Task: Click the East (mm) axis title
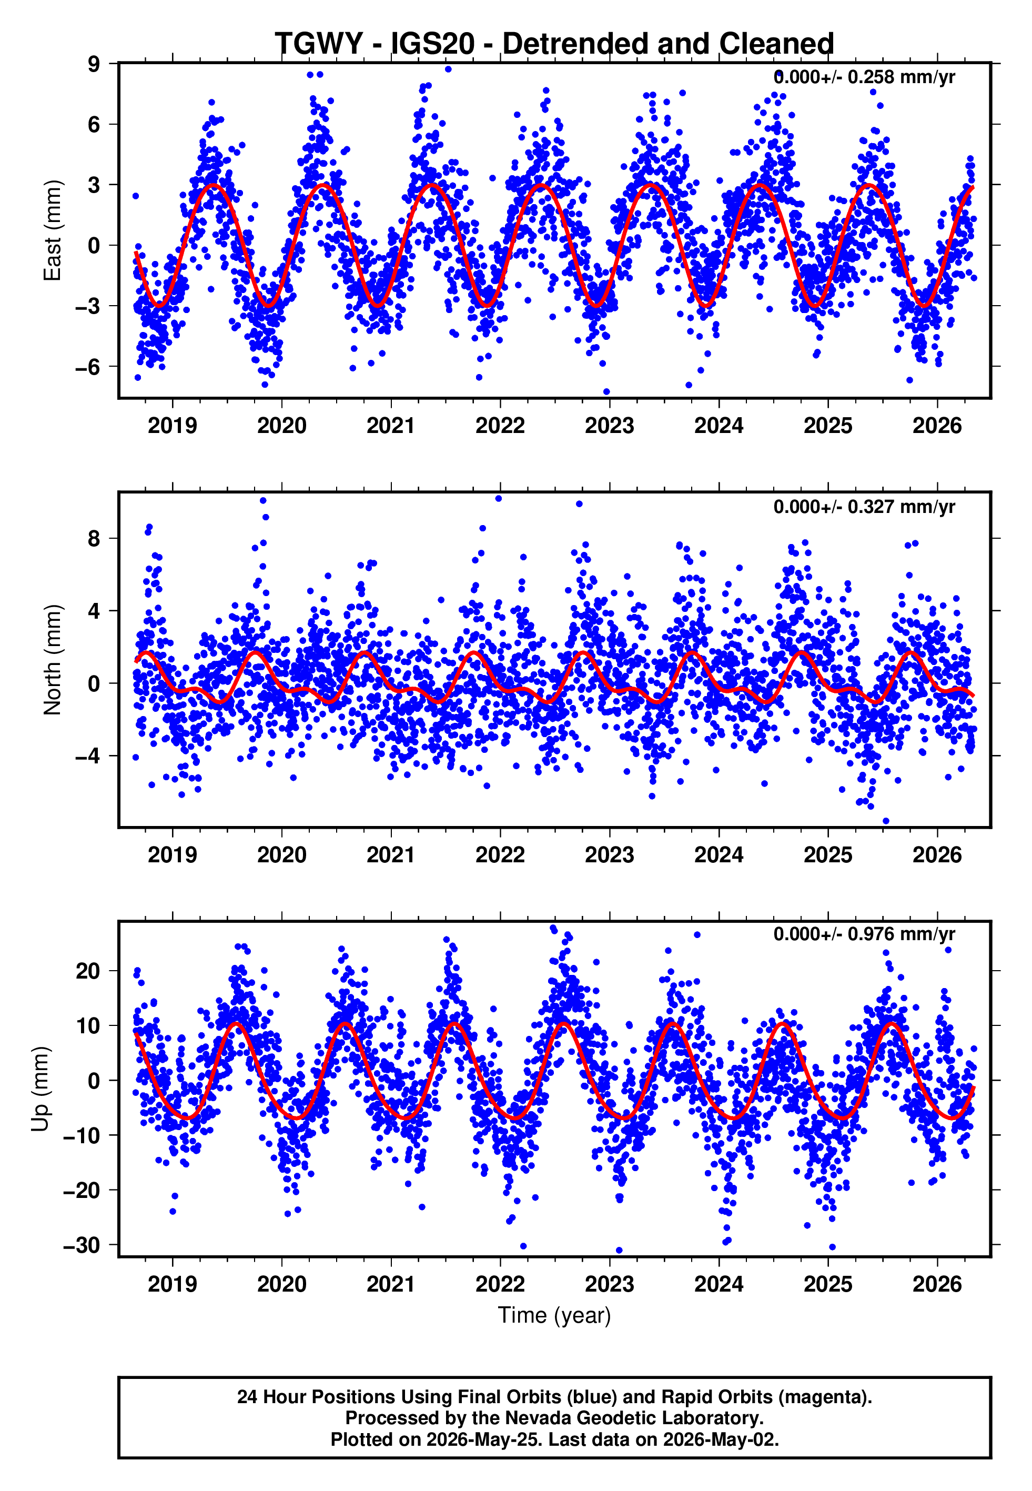[x=53, y=231]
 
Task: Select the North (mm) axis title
[x=53, y=660]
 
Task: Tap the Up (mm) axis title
[x=40, y=1089]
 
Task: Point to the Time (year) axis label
[x=554, y=1316]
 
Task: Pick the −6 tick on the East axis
[x=88, y=367]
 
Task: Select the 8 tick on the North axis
[x=94, y=538]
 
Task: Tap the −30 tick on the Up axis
[x=82, y=1245]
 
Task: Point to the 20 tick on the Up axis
[x=88, y=971]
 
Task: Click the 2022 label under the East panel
[x=500, y=426]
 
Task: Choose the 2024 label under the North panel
[x=719, y=855]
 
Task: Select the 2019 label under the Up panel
[x=173, y=1284]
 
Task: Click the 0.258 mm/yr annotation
[x=902, y=77]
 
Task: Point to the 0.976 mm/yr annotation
[x=902, y=934]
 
